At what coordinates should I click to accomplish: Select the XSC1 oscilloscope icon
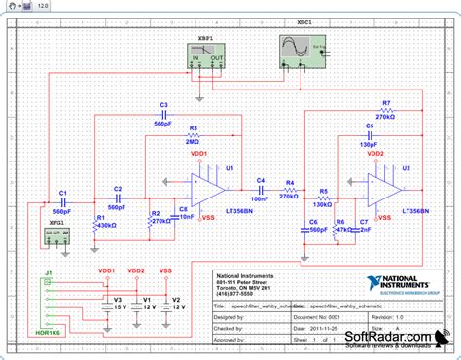click(x=301, y=48)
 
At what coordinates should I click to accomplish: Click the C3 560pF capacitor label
click(x=163, y=109)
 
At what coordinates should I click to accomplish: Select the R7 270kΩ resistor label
click(x=386, y=108)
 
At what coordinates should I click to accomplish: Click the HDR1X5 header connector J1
click(x=45, y=305)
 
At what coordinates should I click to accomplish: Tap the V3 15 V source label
click(x=118, y=303)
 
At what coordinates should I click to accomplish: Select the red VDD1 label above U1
click(x=199, y=155)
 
